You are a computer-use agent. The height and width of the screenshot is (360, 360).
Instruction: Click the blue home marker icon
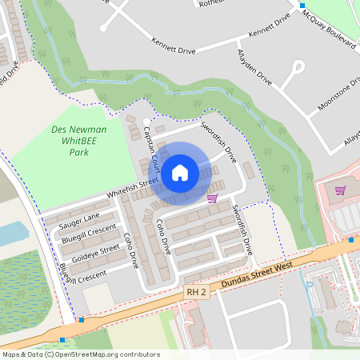(180, 173)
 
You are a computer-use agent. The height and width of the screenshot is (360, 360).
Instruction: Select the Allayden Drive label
(254, 72)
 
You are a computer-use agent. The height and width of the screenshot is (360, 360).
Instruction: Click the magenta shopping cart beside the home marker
(212, 198)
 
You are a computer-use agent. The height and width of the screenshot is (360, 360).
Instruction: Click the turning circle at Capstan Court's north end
(146, 122)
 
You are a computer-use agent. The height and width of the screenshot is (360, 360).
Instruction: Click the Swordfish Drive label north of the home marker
(218, 138)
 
